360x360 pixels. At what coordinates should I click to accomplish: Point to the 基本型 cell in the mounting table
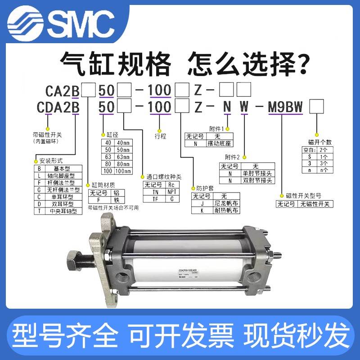(65, 167)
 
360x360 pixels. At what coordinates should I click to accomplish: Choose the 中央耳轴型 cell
(65, 210)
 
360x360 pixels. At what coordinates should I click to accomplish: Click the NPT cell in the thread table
(171, 192)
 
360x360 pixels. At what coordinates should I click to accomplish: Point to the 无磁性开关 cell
(315, 204)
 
